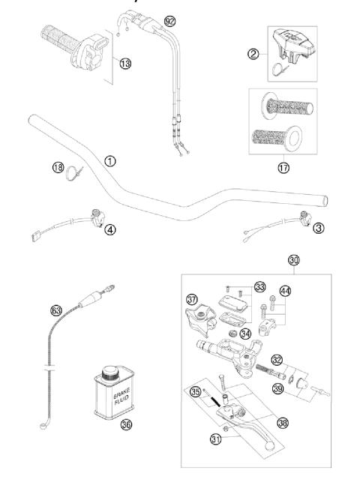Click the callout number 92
point(170,20)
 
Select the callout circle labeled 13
point(124,64)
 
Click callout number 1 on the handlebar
point(111,160)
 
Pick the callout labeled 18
point(58,168)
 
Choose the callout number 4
point(111,229)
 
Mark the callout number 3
point(319,228)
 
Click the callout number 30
point(294,261)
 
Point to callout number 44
point(284,290)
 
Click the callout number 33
point(260,287)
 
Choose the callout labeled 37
point(192,300)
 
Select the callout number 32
point(277,359)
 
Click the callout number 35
point(195,391)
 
